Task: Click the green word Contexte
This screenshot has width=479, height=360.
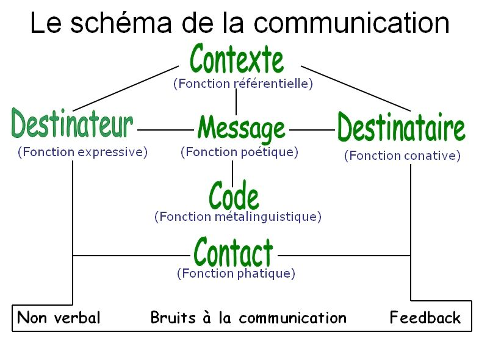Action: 237,59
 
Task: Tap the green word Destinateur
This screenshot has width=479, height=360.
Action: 72,123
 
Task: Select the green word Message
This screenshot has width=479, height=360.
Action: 242,129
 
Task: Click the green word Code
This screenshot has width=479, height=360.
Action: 234,195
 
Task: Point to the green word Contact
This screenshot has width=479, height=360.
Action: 233,253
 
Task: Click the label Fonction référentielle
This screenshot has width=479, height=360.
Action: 243,84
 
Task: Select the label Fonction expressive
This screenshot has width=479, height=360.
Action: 82,152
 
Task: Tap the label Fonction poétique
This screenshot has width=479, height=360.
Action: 239,152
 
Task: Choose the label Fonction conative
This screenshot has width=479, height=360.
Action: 402,156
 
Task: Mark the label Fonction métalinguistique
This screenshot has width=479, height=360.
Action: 238,217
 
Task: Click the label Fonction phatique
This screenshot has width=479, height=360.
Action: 236,273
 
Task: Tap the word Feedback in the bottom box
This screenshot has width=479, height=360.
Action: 425,317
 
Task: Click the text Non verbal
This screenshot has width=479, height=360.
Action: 59,317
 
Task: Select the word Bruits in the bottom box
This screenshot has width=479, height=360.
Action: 173,317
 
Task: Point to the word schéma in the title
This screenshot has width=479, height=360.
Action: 121,23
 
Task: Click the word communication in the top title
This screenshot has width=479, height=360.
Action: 351,23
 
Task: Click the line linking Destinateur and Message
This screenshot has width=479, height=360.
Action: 165,130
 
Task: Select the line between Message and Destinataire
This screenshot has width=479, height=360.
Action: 312,130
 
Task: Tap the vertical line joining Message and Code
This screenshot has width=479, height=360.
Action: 232,173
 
